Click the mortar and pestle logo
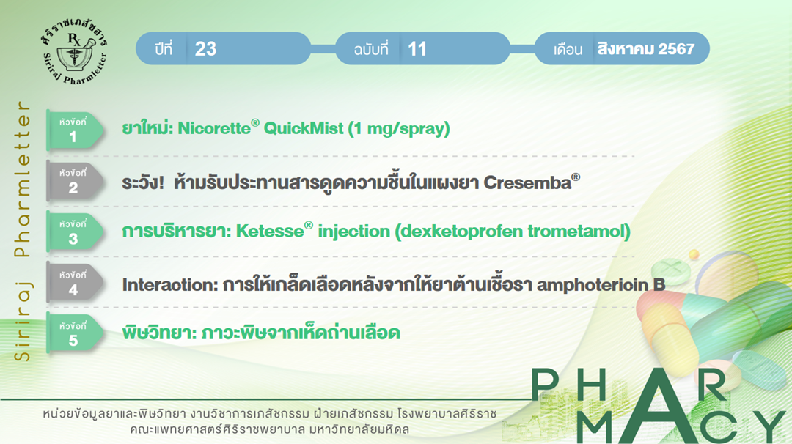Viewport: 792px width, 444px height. pyautogui.click(x=74, y=52)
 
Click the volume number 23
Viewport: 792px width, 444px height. pyautogui.click(x=205, y=49)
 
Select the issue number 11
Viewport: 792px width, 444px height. pyautogui.click(x=417, y=49)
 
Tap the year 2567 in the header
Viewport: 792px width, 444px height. pyautogui.click(x=676, y=49)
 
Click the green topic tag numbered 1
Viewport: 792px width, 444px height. pyautogui.click(x=74, y=130)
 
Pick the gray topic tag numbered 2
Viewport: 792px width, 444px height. pyautogui.click(x=74, y=181)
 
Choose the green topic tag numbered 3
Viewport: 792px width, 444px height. pyautogui.click(x=74, y=232)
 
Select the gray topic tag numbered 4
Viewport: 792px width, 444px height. pyautogui.click(x=74, y=283)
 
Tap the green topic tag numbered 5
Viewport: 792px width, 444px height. pyautogui.click(x=74, y=333)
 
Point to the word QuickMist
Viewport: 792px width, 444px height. pyautogui.click(x=304, y=128)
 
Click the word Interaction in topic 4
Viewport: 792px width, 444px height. pyautogui.click(x=170, y=284)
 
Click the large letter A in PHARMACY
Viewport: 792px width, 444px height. pyautogui.click(x=656, y=406)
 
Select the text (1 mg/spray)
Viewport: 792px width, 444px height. pyautogui.click(x=398, y=129)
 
